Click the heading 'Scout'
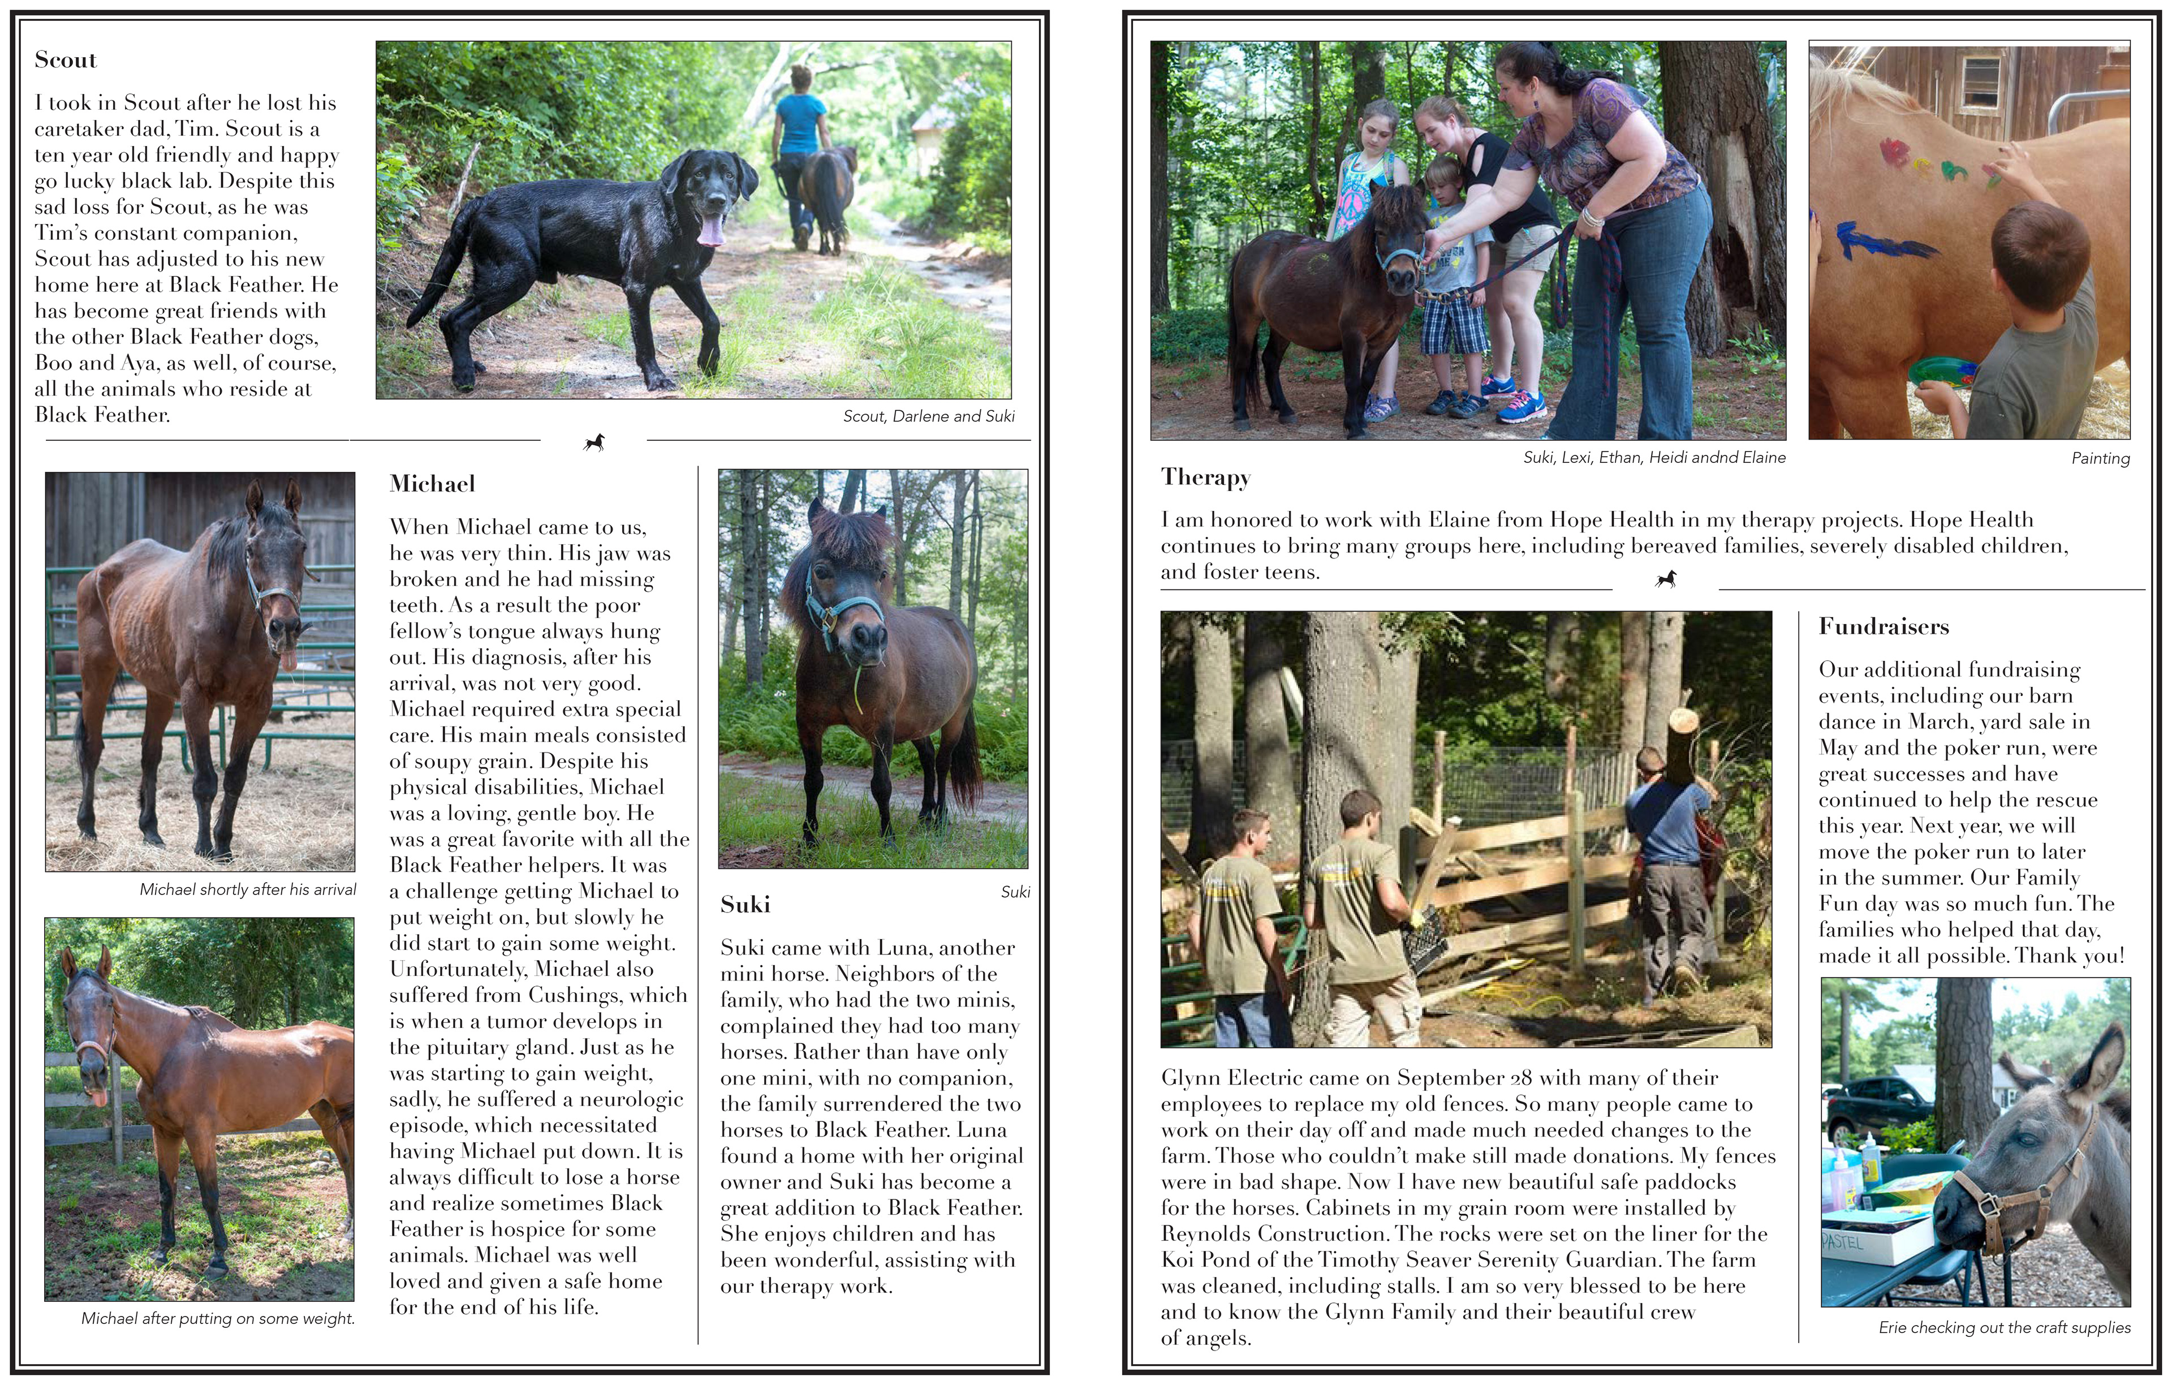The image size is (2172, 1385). [x=66, y=61]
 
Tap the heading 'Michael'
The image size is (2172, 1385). [x=432, y=484]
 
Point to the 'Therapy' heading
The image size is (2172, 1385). [x=1205, y=478]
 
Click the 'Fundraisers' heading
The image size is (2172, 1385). [x=1884, y=627]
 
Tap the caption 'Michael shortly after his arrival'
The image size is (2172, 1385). [x=247, y=889]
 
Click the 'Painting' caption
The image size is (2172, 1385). [x=2100, y=458]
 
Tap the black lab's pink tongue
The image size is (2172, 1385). [x=712, y=230]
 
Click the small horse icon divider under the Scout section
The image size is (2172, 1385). [x=593, y=442]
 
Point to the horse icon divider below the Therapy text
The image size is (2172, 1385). [x=1665, y=579]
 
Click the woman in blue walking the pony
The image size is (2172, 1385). [x=799, y=149]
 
